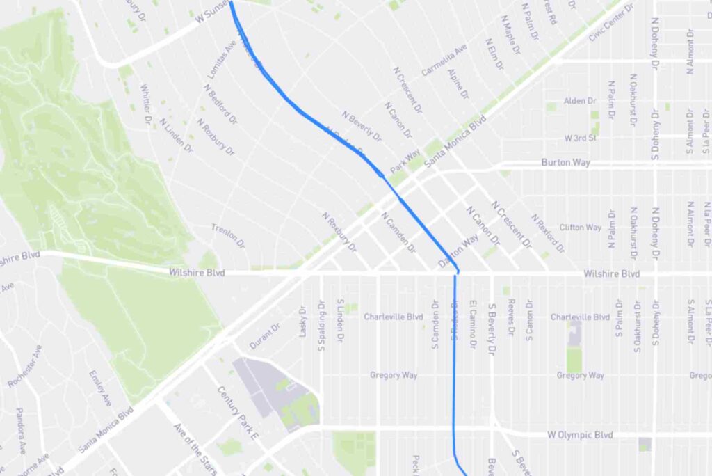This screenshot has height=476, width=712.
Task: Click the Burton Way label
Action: (x=565, y=163)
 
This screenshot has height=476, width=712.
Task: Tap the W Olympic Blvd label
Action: (x=580, y=435)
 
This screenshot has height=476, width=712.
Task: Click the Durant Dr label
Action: (x=264, y=336)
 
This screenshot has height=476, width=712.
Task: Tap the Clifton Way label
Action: (x=580, y=228)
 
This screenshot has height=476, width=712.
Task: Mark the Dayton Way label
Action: (x=459, y=250)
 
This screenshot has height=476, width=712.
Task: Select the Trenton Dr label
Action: (x=229, y=237)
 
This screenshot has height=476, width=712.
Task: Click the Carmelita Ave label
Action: (x=444, y=61)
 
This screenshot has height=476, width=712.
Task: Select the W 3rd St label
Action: (x=581, y=138)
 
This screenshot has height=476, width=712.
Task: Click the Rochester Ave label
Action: (x=25, y=366)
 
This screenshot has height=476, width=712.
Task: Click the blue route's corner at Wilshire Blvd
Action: (x=457, y=271)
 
